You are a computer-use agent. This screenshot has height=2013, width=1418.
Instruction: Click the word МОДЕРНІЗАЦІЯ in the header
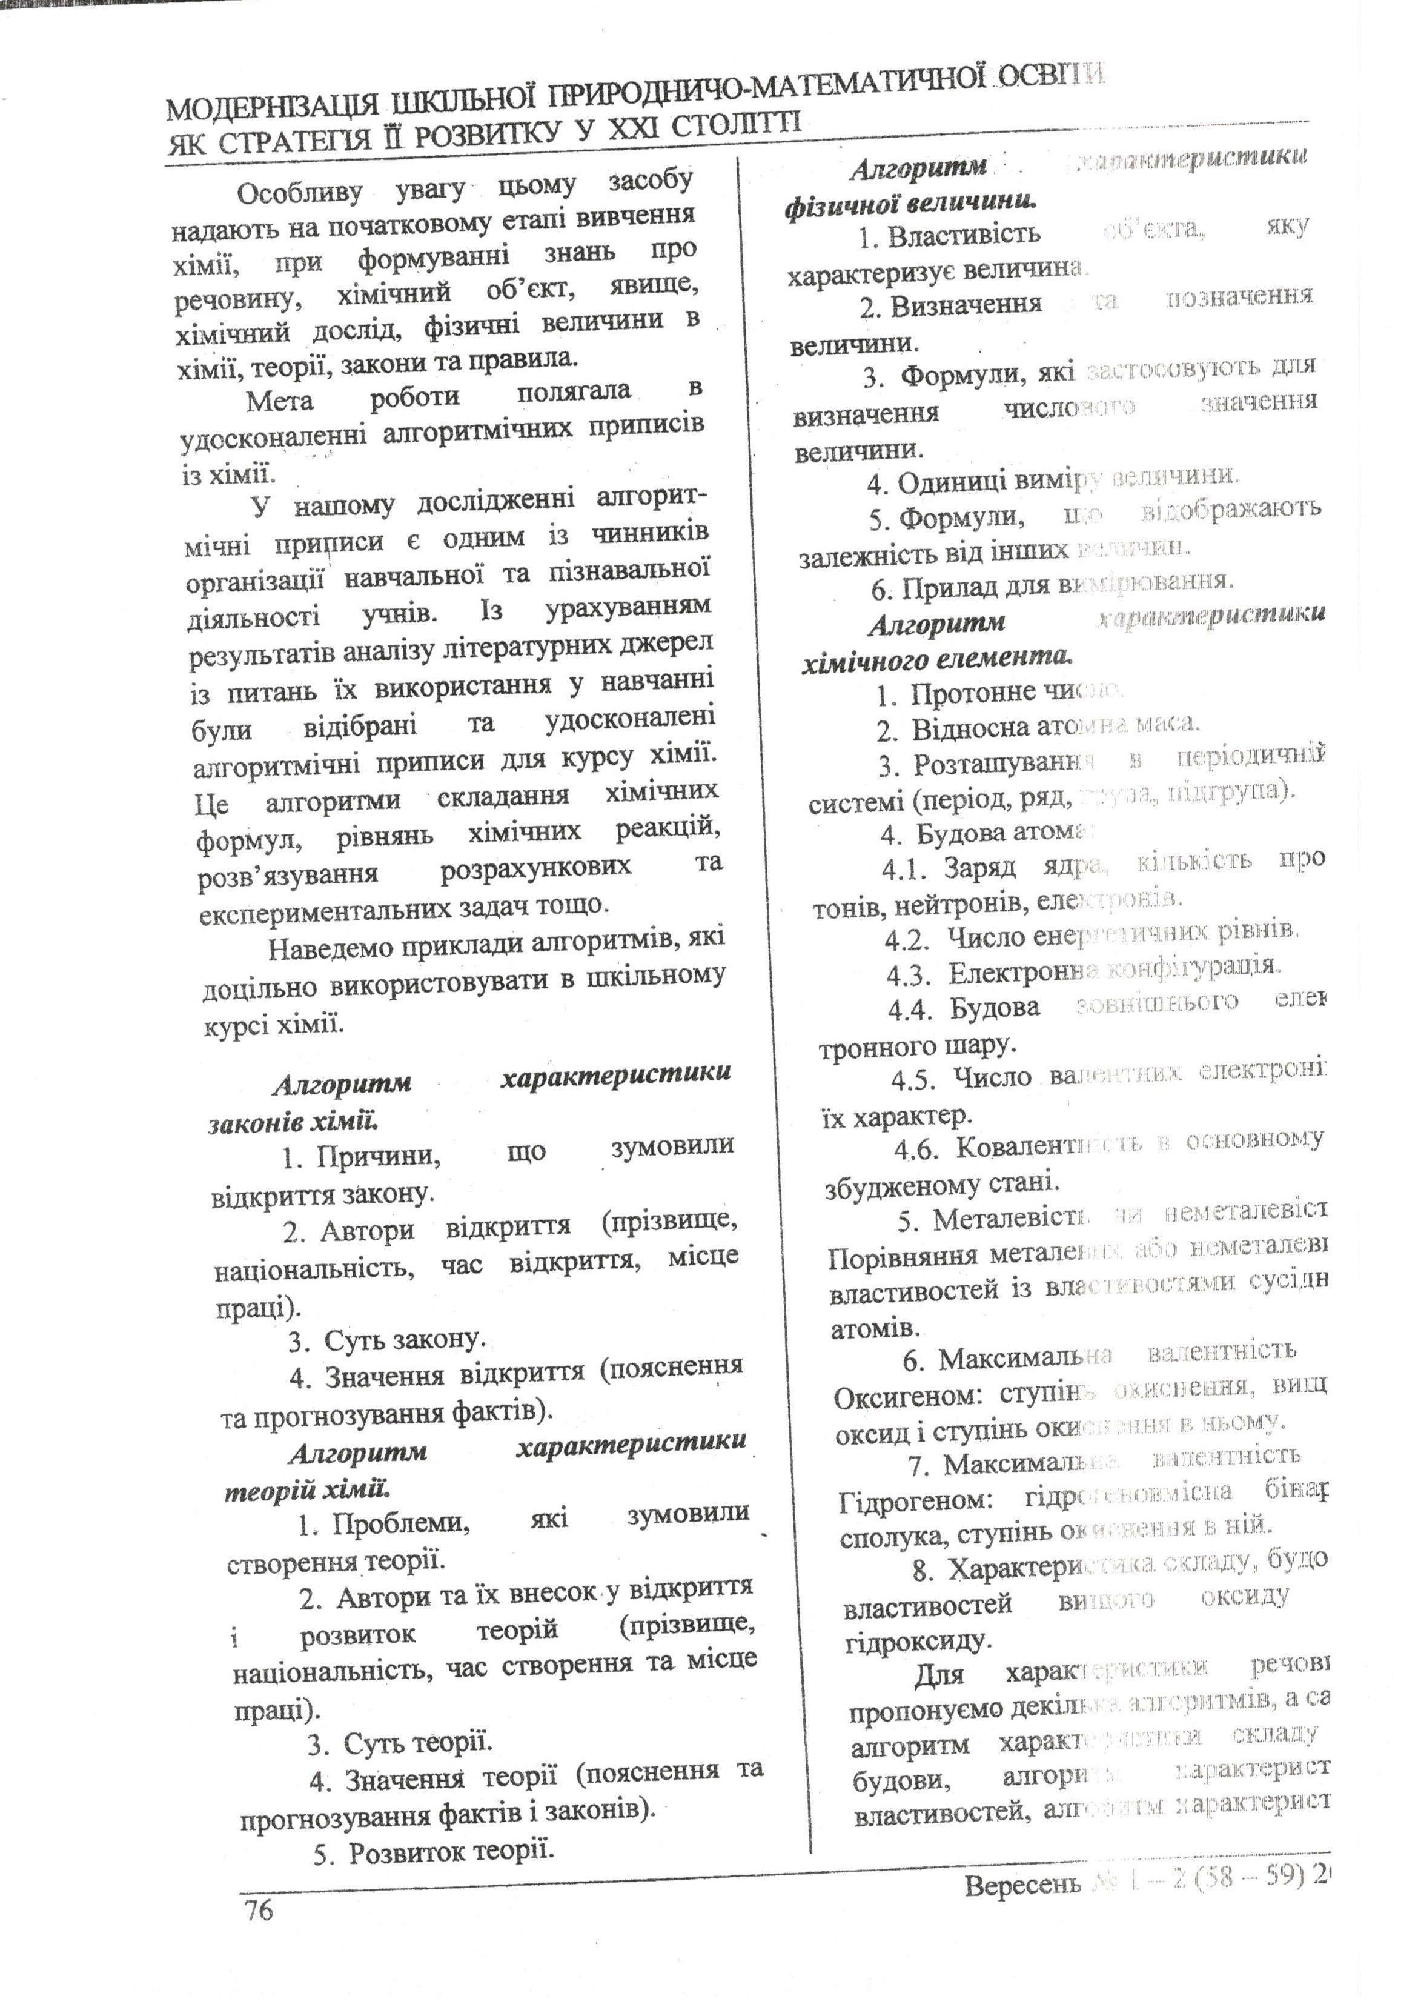273,108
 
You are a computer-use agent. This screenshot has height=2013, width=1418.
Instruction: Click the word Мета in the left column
280,401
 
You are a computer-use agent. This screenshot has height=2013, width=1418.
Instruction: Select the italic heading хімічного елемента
937,657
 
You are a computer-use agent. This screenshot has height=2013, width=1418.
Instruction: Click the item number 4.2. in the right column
906,940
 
